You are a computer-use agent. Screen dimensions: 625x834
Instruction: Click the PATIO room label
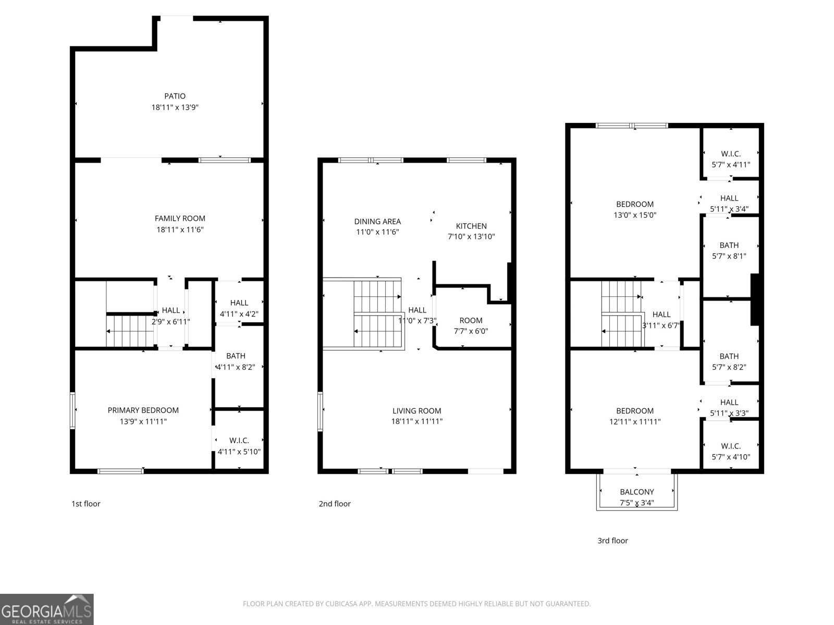pyautogui.click(x=175, y=96)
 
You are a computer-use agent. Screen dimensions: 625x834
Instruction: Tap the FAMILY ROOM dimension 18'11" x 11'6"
pyautogui.click(x=180, y=230)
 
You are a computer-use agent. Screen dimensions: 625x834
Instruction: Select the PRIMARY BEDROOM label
pyautogui.click(x=143, y=410)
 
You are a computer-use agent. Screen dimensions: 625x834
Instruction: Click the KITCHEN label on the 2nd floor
pyautogui.click(x=471, y=226)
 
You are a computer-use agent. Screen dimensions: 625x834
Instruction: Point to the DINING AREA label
pyautogui.click(x=377, y=221)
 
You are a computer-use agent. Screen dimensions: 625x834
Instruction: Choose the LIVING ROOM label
pyautogui.click(x=416, y=411)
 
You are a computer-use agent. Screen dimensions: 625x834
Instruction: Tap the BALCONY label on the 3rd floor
pyautogui.click(x=636, y=492)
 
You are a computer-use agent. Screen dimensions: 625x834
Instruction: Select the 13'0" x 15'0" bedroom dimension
pyautogui.click(x=634, y=215)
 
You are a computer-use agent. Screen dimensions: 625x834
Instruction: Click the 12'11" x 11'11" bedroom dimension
pyautogui.click(x=634, y=422)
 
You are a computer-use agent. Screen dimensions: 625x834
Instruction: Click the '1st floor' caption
pyautogui.click(x=85, y=504)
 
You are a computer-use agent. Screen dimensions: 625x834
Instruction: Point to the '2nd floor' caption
pyautogui.click(x=335, y=504)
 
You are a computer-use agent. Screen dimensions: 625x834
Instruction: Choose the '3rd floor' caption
pyautogui.click(x=612, y=541)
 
